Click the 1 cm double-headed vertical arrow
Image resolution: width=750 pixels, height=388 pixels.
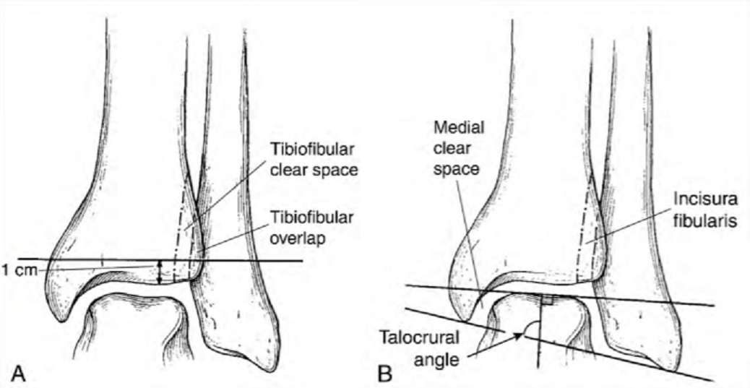(160, 272)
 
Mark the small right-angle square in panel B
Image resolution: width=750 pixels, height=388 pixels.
(548, 298)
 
